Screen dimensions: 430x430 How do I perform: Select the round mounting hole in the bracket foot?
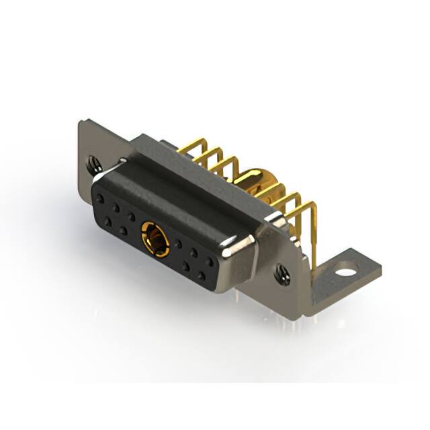tap(345, 273)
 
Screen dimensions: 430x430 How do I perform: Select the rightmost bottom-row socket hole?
tap(201, 275)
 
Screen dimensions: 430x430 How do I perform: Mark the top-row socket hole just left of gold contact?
tap(132, 216)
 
